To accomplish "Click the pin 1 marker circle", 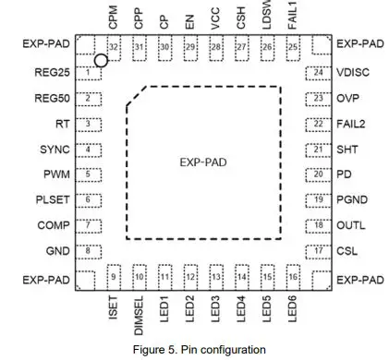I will coord(102,61).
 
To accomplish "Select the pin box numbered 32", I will coord(114,47).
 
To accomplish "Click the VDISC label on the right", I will coord(352,72).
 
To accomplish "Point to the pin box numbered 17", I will coord(318,250).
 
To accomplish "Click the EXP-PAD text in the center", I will coord(203,162).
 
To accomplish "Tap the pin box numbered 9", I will coord(114,276).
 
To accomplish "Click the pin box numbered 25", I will coord(292,47).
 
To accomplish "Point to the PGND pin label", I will coord(352,199).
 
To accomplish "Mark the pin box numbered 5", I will coord(88,174).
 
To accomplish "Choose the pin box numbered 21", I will coord(318,149).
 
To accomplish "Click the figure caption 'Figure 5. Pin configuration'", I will coord(203,349).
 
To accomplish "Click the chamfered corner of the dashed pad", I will coord(136,96).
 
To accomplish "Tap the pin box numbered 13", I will coord(215,276).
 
